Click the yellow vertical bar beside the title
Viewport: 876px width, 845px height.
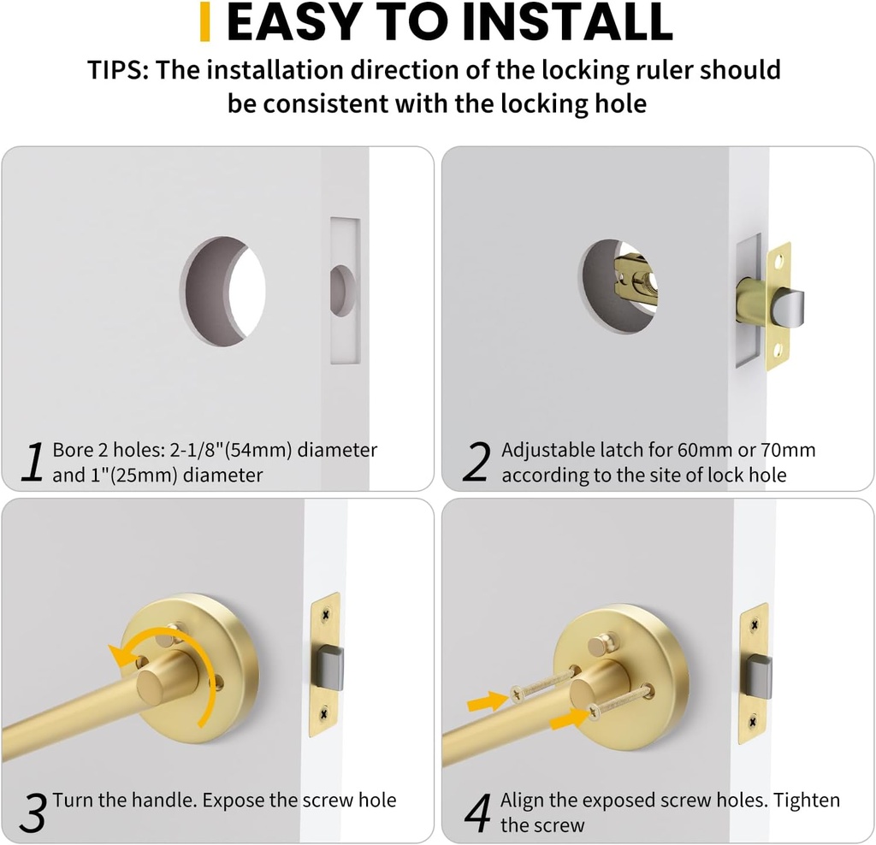point(204,22)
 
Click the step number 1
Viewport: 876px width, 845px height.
point(32,463)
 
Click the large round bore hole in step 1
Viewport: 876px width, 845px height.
point(223,291)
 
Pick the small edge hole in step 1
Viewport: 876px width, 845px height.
point(343,291)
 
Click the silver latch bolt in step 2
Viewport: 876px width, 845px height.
point(789,307)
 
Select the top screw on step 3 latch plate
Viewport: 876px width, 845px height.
point(325,614)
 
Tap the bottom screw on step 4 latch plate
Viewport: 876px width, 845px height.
point(754,722)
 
